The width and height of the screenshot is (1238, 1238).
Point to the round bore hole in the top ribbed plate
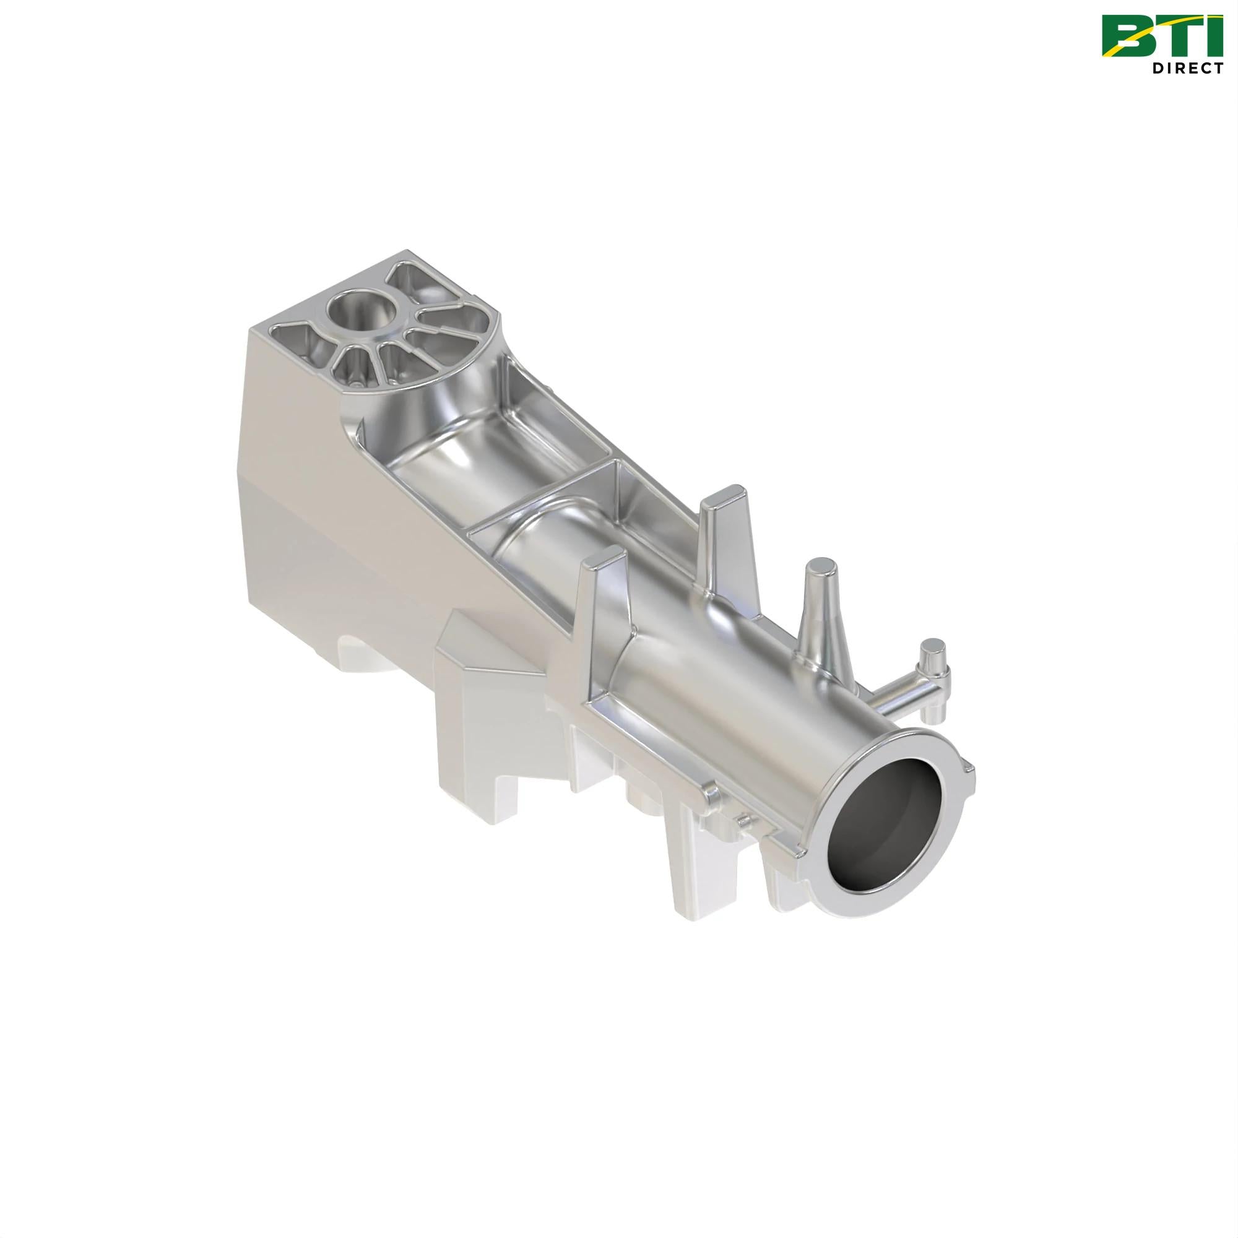click(x=360, y=310)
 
